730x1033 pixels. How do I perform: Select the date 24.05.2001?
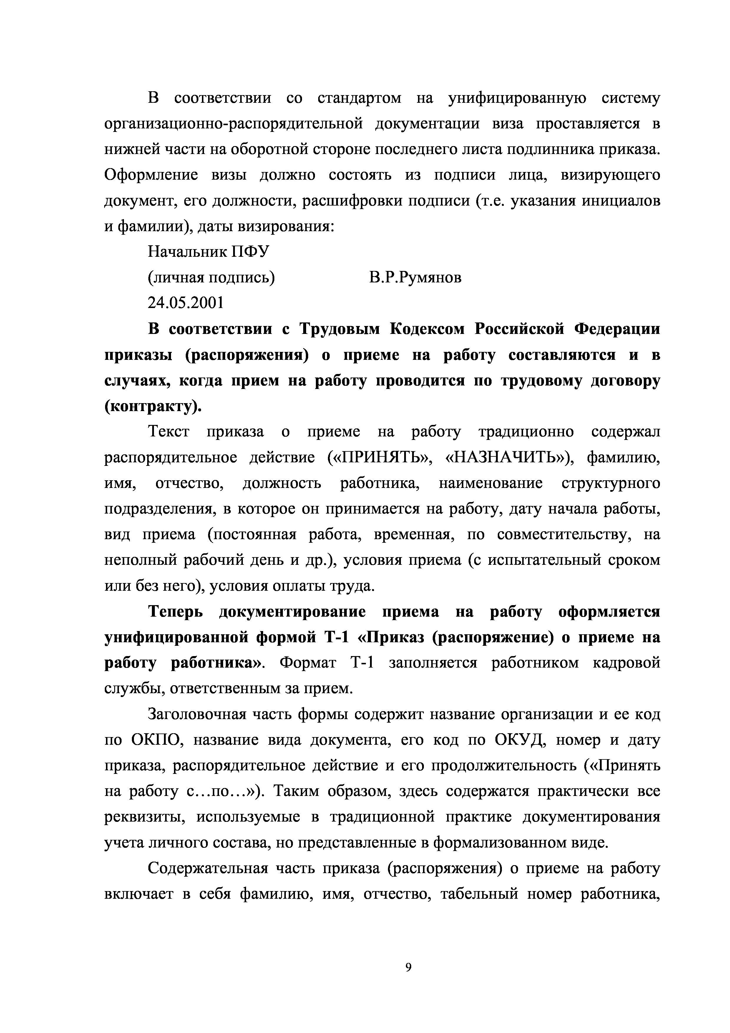185,303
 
